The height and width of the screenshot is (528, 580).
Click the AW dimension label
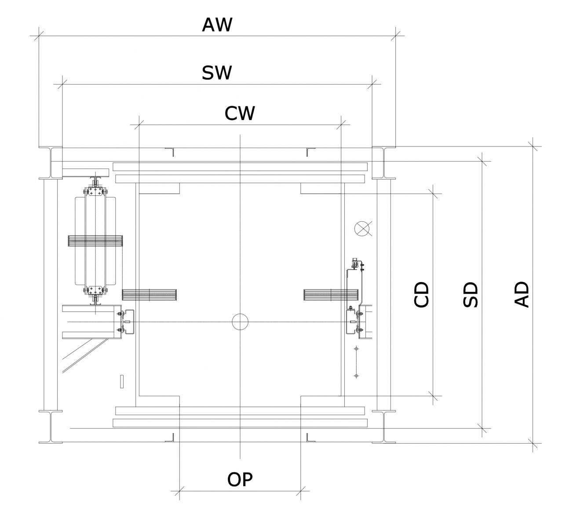pyautogui.click(x=217, y=25)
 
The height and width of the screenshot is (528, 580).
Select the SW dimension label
pyautogui.click(x=217, y=73)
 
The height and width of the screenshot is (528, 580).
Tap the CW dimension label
pyautogui.click(x=240, y=114)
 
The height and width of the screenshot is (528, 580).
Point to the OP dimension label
pyautogui.click(x=240, y=480)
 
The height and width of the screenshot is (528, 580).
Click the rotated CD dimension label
pyautogui.click(x=422, y=294)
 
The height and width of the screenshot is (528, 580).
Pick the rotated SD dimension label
pyautogui.click(x=471, y=294)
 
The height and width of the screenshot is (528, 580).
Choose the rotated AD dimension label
pyautogui.click(x=522, y=294)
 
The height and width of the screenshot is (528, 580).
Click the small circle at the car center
pyautogui.click(x=240, y=322)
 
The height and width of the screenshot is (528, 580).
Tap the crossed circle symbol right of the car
pyautogui.click(x=362, y=228)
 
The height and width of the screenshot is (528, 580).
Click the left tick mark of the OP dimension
pyautogui.click(x=179, y=491)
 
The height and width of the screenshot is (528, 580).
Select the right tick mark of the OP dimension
pyautogui.click(x=301, y=491)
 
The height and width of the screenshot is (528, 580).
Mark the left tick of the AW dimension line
pyautogui.click(x=39, y=36)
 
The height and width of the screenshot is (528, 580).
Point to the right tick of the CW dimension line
pyautogui.click(x=341, y=125)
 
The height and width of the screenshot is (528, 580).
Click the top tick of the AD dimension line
pyautogui.click(x=533, y=147)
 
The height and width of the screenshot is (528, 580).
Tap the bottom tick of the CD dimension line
pyautogui.click(x=433, y=396)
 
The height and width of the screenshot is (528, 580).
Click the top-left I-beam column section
pyautogui.click(x=51, y=163)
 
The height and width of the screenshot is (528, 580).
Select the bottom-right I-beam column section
pyautogui.click(x=384, y=427)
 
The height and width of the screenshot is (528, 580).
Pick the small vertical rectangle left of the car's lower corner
pyautogui.click(x=122, y=381)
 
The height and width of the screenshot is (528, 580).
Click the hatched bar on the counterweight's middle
pyautogui.click(x=95, y=241)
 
